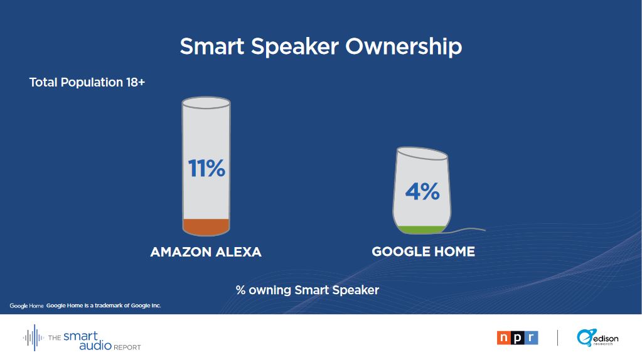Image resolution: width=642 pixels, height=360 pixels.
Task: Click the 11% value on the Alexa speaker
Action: point(206,168)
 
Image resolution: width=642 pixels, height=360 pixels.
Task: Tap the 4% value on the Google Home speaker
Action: point(422,191)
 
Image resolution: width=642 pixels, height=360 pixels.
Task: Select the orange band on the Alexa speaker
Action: point(206,227)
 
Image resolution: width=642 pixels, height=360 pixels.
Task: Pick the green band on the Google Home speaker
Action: point(421,230)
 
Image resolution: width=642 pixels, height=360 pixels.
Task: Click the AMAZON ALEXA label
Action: point(206,251)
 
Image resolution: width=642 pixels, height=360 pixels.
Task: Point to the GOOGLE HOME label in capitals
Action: point(424,251)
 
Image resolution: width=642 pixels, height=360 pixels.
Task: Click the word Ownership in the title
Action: point(404,46)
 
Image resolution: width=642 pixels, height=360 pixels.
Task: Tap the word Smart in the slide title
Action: point(212,46)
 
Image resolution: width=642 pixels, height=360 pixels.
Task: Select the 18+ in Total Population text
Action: point(136,82)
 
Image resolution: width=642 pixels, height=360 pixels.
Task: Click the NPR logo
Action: point(517,338)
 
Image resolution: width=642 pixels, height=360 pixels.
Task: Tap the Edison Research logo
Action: point(597,338)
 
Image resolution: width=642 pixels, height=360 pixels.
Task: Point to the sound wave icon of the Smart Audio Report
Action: point(33,337)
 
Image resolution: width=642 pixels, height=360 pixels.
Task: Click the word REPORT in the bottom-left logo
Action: point(127,347)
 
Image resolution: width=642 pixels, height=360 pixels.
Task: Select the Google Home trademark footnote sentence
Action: point(104,305)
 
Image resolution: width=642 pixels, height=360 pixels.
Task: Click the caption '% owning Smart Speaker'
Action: point(308,290)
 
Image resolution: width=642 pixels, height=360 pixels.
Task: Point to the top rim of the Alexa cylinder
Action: point(206,103)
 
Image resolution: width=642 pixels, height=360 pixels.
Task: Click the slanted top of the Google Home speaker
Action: point(422,154)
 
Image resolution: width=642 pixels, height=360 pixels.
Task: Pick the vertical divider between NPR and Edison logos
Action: point(557,338)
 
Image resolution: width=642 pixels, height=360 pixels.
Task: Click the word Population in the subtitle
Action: point(92,83)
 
